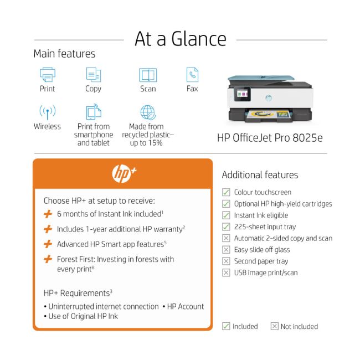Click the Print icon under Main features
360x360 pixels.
pos(48,74)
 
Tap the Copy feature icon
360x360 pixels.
pos(93,74)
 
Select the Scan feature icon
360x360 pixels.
pos(148,75)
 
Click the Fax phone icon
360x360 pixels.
pos(192,74)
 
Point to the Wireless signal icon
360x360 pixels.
pos(48,112)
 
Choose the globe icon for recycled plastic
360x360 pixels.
pos(148,112)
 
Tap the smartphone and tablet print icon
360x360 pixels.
pos(94,112)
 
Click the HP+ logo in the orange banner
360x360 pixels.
pos(123,173)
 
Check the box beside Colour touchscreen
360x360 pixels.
pos(226,192)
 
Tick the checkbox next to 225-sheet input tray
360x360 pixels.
pos(226,227)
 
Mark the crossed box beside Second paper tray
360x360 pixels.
pos(226,261)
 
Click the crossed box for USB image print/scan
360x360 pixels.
pos(226,272)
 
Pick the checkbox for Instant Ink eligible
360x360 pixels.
pos(226,215)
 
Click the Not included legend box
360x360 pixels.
pos(274,326)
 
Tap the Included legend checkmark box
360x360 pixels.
pos(226,326)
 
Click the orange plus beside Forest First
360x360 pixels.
pos(48,259)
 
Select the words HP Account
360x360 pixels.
pos(186,306)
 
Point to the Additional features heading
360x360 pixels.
pos(260,175)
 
